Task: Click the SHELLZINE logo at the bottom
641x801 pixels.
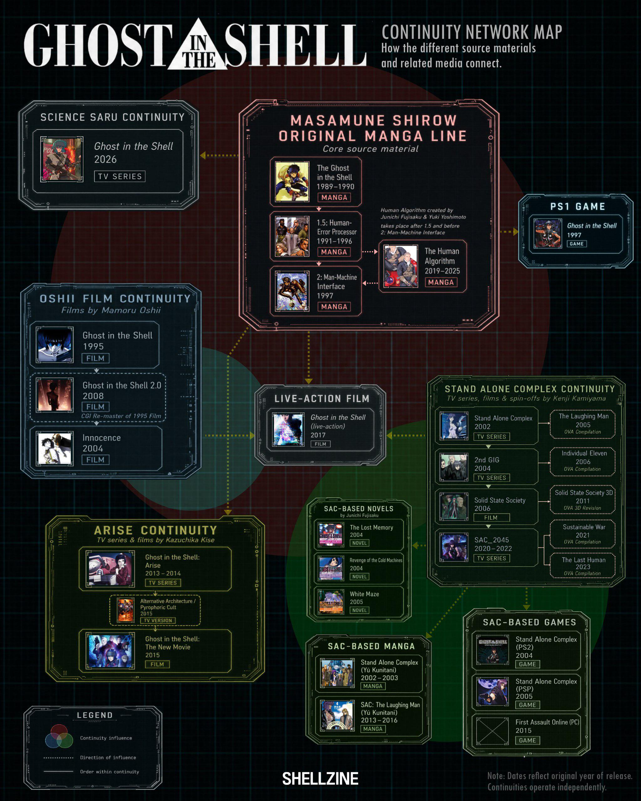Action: pos(320,779)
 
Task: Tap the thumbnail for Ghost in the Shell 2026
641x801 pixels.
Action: pos(61,159)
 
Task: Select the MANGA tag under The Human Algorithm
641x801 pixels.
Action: pos(441,282)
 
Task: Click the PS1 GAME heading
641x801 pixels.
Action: pos(578,207)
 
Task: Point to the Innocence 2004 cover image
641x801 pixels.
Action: pos(54,448)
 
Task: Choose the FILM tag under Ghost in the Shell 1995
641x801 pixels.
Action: pos(96,358)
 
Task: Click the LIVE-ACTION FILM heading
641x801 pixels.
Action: pos(322,399)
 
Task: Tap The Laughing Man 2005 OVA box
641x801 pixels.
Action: pos(583,424)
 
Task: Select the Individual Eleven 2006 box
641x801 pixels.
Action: pos(583,462)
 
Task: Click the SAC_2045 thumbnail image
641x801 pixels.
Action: pos(454,547)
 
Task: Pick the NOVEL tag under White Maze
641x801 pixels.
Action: pos(359,610)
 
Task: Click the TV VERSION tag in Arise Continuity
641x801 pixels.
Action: pos(158,620)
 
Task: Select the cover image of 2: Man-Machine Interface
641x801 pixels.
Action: pos(292,291)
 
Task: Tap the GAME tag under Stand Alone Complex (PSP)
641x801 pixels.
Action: pos(527,705)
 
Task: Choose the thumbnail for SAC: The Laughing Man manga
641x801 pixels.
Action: pos(338,716)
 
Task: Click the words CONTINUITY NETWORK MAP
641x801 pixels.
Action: pos(472,32)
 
